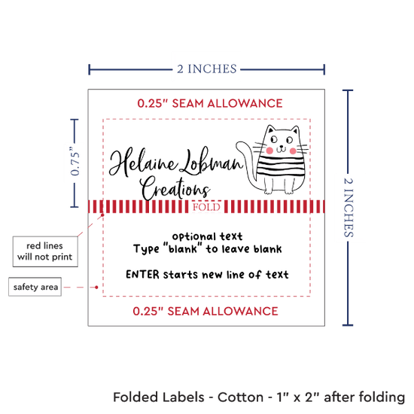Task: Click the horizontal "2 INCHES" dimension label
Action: click(207, 69)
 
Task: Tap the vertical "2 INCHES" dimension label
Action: click(349, 207)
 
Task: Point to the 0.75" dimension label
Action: click(75, 161)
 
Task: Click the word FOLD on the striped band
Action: click(206, 207)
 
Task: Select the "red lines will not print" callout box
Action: click(45, 251)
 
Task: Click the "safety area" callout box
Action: click(35, 287)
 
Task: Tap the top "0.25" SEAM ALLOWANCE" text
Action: click(210, 103)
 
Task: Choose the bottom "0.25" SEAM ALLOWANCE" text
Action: click(205, 312)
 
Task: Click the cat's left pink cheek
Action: click(269, 151)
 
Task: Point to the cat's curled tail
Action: click(247, 163)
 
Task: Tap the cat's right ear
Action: click(295, 130)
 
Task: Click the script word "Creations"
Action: click(175, 187)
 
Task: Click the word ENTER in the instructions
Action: click(142, 275)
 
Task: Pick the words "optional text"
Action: click(207, 236)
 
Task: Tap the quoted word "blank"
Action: click(183, 248)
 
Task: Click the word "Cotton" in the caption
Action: click(241, 397)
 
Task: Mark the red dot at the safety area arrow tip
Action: click(96, 287)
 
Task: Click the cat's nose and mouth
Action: click(282, 149)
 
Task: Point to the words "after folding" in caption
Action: click(364, 397)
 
